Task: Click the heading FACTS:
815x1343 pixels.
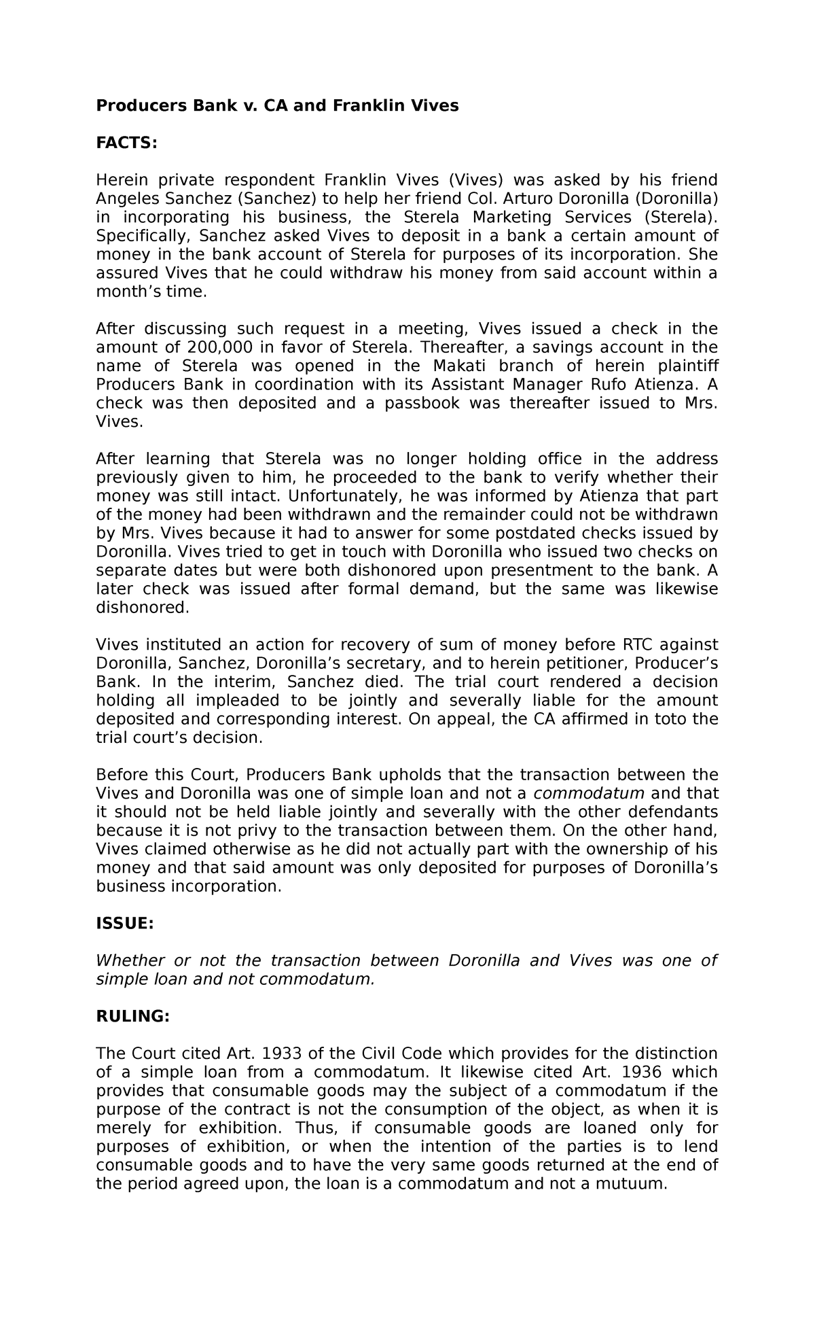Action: [x=126, y=143]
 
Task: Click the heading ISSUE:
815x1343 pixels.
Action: [x=125, y=924]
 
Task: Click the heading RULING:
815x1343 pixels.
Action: [x=132, y=1016]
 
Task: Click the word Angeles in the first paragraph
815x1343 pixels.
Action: [x=124, y=198]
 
